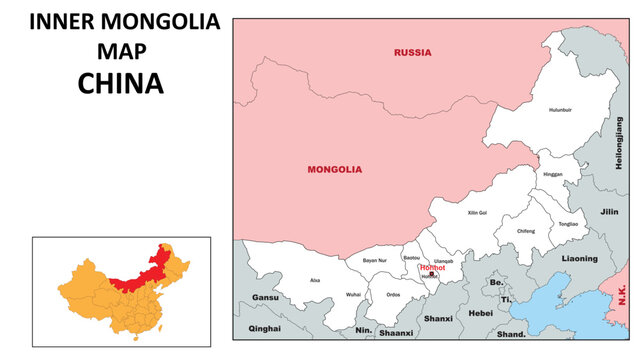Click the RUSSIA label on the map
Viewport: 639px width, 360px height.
(412, 52)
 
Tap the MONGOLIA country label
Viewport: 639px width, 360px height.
(334, 170)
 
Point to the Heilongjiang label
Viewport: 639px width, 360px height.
(618, 143)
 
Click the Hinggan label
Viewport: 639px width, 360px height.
(553, 174)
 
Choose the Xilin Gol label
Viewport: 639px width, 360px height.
(477, 213)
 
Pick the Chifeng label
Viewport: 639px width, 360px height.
(526, 231)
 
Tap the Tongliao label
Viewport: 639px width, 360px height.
(569, 225)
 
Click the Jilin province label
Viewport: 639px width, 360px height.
(610, 212)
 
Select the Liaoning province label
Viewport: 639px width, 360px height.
(579, 258)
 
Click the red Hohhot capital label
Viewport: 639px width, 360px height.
(432, 268)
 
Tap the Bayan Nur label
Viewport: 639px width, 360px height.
(375, 260)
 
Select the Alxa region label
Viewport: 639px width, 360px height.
(315, 281)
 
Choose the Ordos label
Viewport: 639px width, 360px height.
(393, 295)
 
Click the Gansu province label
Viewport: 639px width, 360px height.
(265, 298)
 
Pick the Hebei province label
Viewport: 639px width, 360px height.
(481, 313)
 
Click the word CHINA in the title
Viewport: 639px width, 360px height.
(120, 84)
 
